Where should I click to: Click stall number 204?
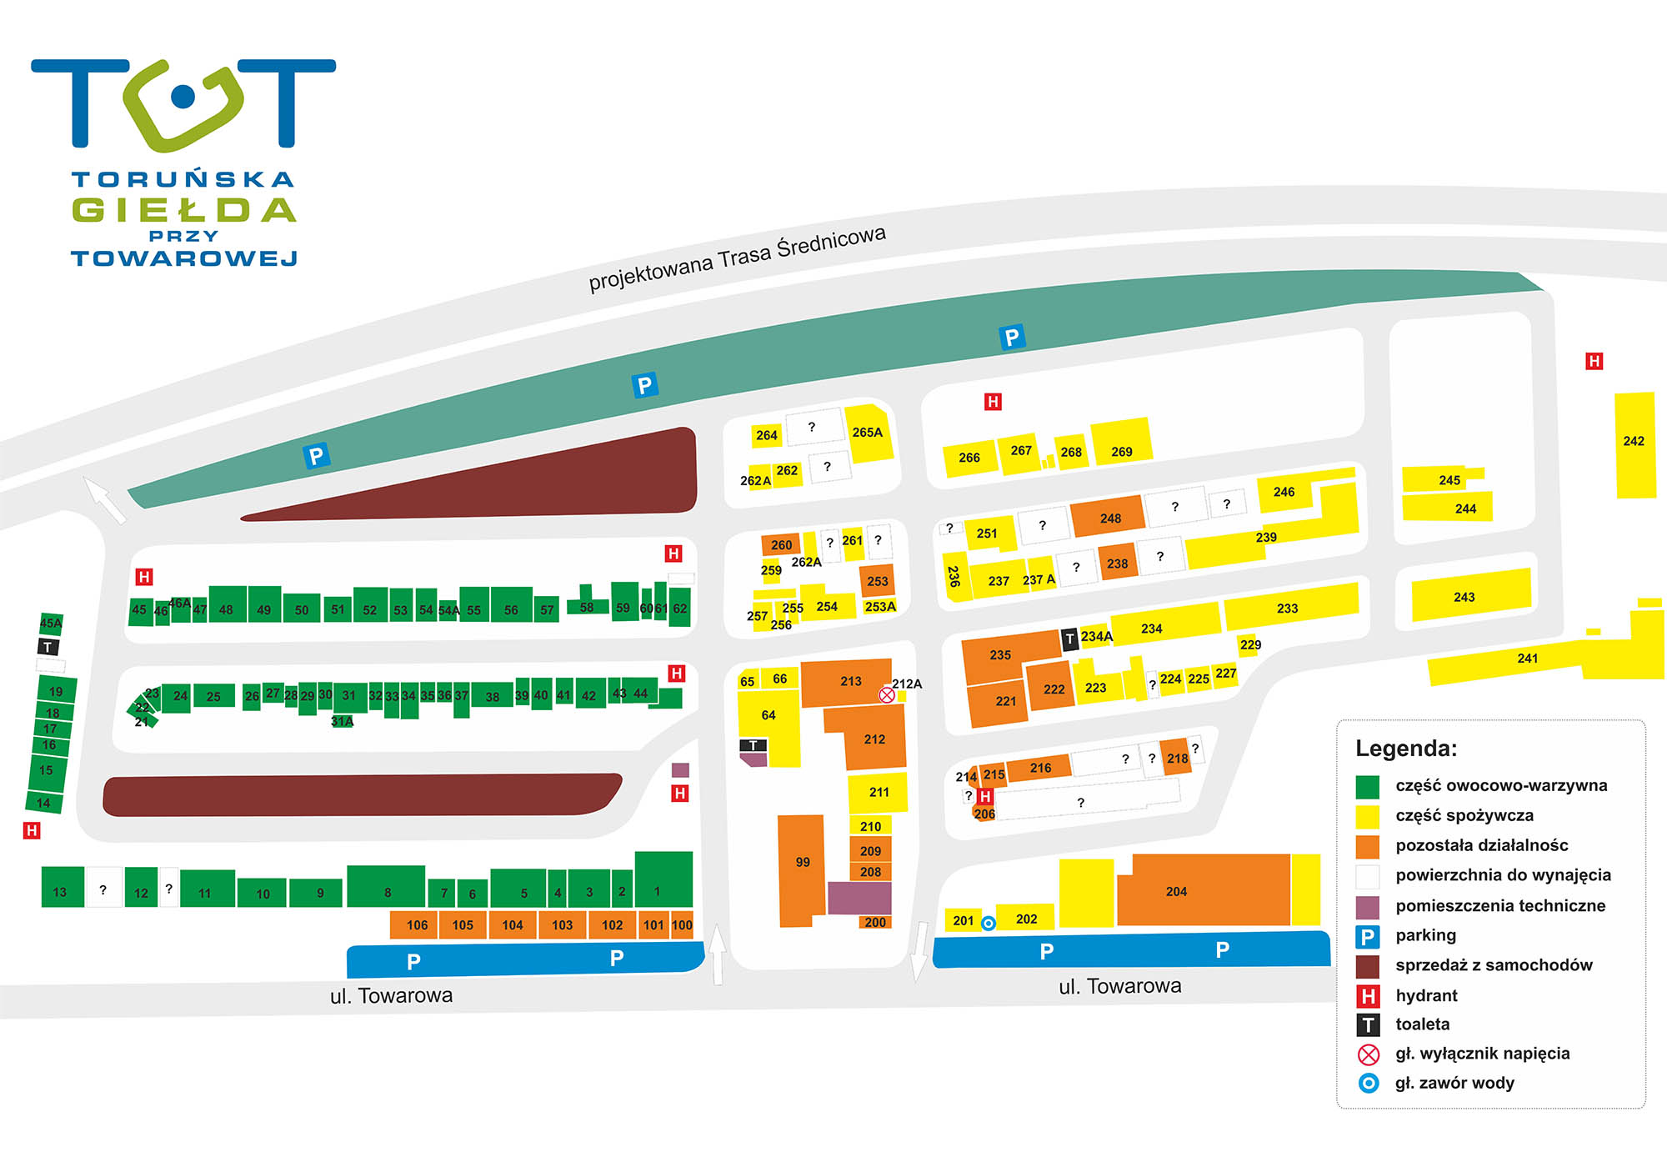click(x=1204, y=890)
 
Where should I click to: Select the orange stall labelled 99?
click(x=802, y=870)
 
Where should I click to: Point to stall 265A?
click(x=869, y=433)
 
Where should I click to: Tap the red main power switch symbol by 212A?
click(x=887, y=694)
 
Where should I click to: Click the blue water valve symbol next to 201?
click(x=989, y=923)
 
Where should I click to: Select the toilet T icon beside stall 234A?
click(x=1070, y=639)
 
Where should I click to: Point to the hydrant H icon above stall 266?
click(x=993, y=402)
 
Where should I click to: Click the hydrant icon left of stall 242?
click(x=1594, y=361)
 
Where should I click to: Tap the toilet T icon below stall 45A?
click(x=48, y=647)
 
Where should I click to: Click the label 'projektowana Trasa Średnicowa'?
click(x=737, y=258)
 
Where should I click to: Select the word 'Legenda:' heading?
click(x=1406, y=748)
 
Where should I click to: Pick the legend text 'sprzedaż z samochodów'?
click(x=1494, y=964)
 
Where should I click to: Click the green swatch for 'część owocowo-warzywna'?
click(x=1368, y=786)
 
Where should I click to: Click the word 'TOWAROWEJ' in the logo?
click(x=184, y=258)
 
